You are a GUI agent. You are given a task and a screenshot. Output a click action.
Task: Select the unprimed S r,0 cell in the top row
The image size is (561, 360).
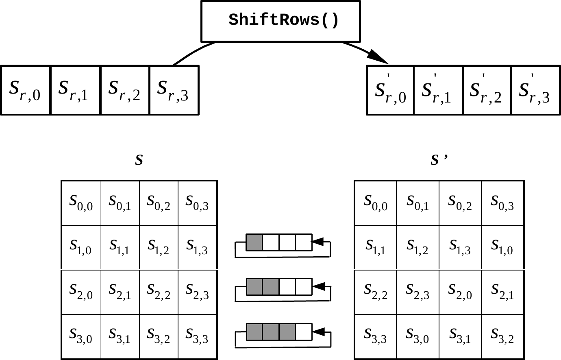point(26,90)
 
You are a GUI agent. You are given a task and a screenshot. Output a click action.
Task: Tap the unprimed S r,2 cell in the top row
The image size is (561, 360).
point(125,90)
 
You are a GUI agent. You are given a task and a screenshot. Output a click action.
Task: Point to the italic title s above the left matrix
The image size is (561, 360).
point(139,160)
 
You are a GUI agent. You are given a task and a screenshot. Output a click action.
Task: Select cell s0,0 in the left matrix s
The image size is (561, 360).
point(81,203)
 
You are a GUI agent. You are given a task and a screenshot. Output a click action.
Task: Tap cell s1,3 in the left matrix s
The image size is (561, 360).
point(197,247)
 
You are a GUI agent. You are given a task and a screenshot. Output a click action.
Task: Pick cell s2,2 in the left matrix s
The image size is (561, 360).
point(159,292)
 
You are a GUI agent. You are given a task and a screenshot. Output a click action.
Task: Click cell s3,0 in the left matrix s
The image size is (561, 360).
point(81,336)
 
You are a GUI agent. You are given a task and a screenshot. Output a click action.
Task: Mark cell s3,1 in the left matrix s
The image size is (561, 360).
point(120,336)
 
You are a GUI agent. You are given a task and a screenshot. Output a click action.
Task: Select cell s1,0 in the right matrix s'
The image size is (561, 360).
point(502,247)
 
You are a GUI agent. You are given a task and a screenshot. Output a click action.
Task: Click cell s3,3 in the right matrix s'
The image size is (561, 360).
point(376,336)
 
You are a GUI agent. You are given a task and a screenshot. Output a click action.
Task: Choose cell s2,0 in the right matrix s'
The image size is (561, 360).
point(460,292)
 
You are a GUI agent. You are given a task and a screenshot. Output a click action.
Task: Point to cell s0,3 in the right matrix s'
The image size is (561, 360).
point(502,203)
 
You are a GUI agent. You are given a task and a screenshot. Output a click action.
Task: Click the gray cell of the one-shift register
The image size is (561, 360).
point(254,242)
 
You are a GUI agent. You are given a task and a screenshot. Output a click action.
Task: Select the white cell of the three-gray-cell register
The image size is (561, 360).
point(303,332)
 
